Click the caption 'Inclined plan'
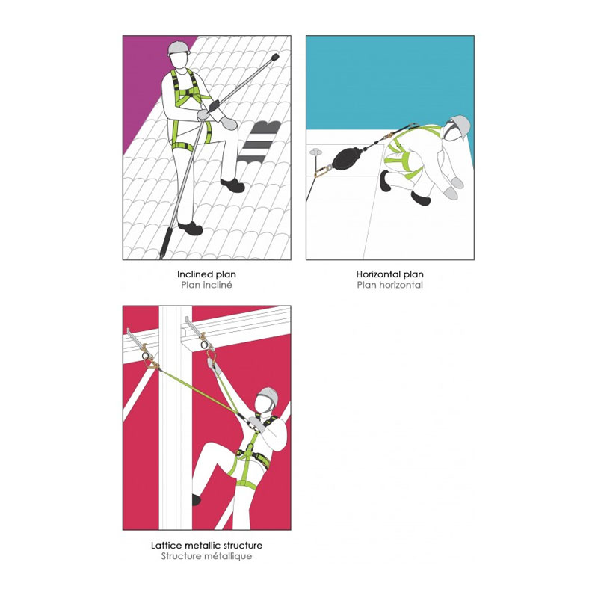coord(206,274)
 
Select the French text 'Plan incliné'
coord(206,285)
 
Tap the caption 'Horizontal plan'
coord(389,274)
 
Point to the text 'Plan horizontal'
coord(389,285)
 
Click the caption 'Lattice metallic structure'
coord(206,546)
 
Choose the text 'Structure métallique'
coord(206,556)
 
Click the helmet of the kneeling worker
coord(460,126)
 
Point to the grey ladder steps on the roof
coord(259,142)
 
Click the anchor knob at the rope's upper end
coord(274,58)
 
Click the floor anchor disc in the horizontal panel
coord(316,152)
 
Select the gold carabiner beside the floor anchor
coord(324,170)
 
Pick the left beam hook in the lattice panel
coord(142,345)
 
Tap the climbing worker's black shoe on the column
coord(196,499)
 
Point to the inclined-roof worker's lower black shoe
coord(191,229)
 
